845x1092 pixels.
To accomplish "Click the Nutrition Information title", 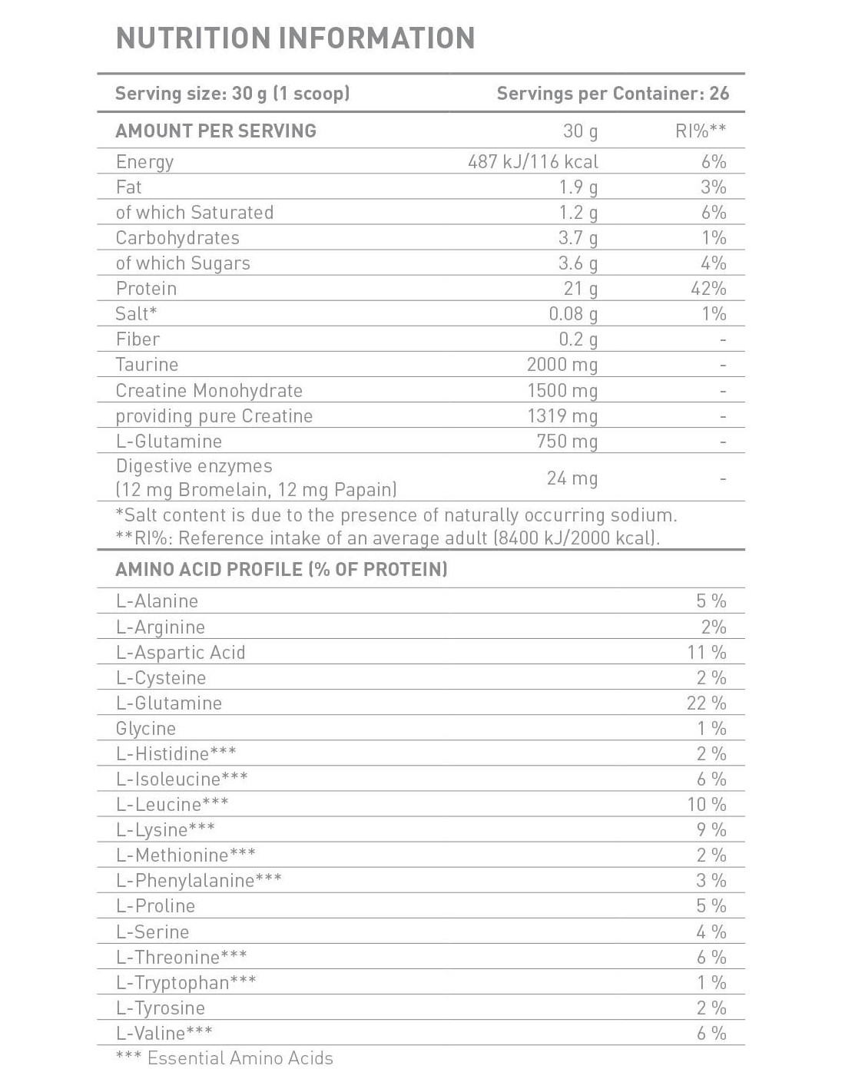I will (x=295, y=38).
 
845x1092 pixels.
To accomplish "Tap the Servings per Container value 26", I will (x=719, y=94).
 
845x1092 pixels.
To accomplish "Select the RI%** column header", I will (x=701, y=131).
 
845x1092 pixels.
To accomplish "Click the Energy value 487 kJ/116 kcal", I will (x=532, y=162).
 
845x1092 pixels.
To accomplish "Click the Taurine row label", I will (x=147, y=365).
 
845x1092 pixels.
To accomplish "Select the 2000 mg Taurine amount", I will (x=562, y=365).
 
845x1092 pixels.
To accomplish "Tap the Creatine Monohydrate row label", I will (x=209, y=391).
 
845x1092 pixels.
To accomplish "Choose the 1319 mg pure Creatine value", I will (x=562, y=416).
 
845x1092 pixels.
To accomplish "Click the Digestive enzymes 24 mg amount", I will (x=572, y=478).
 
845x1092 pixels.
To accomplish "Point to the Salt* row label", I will (x=136, y=314).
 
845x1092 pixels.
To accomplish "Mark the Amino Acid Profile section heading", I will (x=281, y=570).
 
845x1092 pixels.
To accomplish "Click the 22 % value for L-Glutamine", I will (x=706, y=703).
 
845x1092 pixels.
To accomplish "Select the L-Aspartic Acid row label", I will (x=181, y=653).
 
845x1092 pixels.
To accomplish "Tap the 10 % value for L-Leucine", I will (x=706, y=805).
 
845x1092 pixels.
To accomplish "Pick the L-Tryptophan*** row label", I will (x=186, y=983).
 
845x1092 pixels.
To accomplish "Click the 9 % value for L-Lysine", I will (x=711, y=830).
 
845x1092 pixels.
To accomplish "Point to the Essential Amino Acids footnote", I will (x=224, y=1058).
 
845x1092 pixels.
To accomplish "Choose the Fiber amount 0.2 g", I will (x=578, y=339).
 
